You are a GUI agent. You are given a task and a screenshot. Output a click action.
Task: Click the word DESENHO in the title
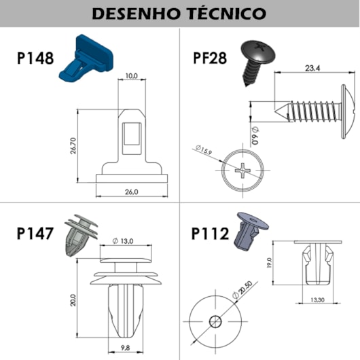click(x=135, y=14)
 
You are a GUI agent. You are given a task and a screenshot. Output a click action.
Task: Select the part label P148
click(x=35, y=58)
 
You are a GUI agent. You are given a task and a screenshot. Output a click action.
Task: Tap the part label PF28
click(x=210, y=58)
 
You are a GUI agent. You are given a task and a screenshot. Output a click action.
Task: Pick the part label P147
click(x=35, y=234)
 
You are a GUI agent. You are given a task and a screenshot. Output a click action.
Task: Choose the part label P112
click(x=210, y=234)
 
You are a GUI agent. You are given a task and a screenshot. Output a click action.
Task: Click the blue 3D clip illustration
click(x=86, y=58)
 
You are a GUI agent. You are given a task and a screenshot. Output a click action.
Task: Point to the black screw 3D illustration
click(x=257, y=62)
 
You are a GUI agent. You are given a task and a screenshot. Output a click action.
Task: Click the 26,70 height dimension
click(x=73, y=145)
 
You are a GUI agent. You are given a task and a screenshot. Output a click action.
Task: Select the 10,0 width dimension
click(x=132, y=76)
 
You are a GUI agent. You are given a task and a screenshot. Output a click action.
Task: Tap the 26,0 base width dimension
click(x=132, y=192)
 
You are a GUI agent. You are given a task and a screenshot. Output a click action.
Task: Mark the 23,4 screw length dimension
click(x=312, y=68)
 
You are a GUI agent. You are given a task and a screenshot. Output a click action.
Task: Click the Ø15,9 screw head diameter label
click(x=204, y=150)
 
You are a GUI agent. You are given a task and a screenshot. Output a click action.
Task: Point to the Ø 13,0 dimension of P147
click(x=123, y=241)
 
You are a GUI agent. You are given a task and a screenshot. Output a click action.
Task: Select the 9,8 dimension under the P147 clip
click(x=126, y=348)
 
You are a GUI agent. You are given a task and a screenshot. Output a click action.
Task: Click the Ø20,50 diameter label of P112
click(x=242, y=290)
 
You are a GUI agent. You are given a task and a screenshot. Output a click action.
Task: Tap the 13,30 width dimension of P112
click(x=317, y=300)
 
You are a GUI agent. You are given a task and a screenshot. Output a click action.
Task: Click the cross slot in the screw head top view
click(x=243, y=170)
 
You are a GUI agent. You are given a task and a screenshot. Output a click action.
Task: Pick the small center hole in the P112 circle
click(x=215, y=321)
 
